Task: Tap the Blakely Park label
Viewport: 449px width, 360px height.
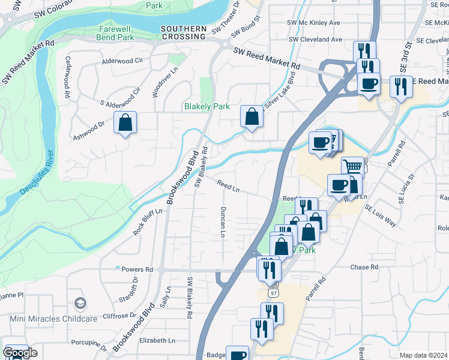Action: tap(206, 106)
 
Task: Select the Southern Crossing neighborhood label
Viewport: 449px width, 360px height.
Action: tap(183, 33)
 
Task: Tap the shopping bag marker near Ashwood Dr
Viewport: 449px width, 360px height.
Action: tap(125, 122)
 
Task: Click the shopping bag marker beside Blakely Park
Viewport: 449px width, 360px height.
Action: tap(252, 116)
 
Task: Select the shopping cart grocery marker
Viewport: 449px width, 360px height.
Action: tap(352, 166)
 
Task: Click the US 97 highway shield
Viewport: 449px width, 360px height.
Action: tap(273, 292)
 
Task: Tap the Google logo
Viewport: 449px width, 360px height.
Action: tap(20, 353)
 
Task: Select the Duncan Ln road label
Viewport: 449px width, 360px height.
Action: tap(223, 221)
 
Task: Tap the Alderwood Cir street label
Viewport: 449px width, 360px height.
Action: tap(122, 61)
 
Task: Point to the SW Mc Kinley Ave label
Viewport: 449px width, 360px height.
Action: tap(314, 22)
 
